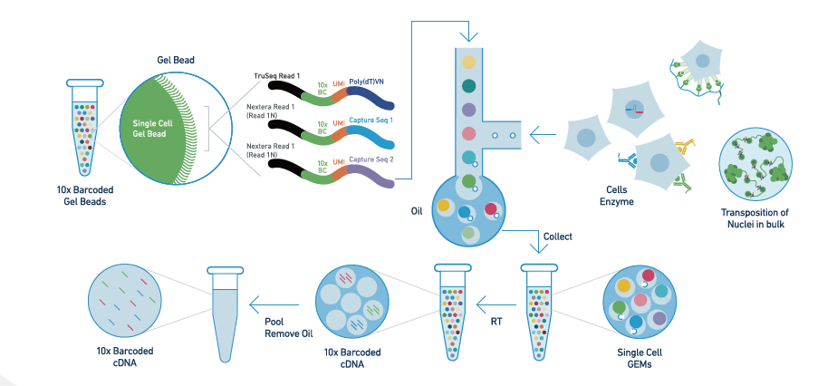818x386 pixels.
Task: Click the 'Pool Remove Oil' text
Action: pyautogui.click(x=281, y=327)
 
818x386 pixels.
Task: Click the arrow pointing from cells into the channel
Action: pyautogui.click(x=543, y=137)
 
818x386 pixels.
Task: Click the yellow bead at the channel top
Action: pyautogui.click(x=468, y=63)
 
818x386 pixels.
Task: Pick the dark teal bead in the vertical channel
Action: pyautogui.click(x=468, y=86)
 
